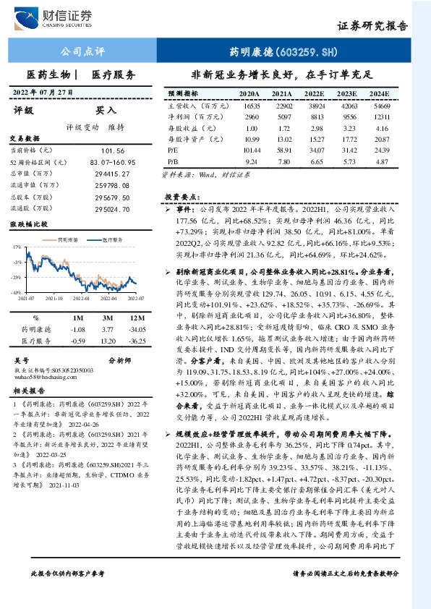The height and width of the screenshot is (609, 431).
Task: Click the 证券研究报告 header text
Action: click(x=373, y=25)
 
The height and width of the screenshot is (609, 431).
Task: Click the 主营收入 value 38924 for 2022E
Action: click(x=313, y=106)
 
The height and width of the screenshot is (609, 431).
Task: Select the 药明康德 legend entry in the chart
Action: click(x=67, y=237)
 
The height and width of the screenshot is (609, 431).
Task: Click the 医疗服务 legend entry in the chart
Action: click(x=111, y=237)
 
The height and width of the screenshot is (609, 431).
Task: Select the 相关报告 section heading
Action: click(x=29, y=391)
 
